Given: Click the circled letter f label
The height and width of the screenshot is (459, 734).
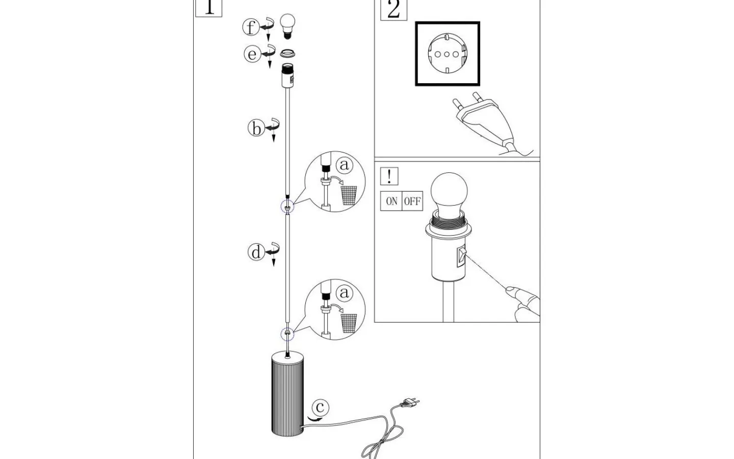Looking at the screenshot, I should (x=250, y=27).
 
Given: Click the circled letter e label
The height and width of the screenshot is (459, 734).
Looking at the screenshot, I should (x=252, y=54).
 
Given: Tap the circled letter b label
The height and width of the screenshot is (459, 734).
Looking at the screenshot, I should (x=256, y=129).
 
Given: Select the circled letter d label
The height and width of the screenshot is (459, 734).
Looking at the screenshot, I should (x=256, y=252).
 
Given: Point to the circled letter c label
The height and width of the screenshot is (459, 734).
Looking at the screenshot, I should (x=320, y=407).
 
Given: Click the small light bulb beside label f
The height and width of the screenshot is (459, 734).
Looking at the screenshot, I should (x=288, y=27).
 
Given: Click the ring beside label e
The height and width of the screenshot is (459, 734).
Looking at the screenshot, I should (x=288, y=54).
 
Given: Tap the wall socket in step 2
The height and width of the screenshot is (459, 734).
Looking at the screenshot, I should (x=448, y=54).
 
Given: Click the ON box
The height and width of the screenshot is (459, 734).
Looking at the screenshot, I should (x=391, y=201).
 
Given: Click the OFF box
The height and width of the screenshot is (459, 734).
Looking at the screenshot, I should (x=412, y=201).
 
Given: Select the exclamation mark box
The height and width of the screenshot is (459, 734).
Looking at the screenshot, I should (x=389, y=176).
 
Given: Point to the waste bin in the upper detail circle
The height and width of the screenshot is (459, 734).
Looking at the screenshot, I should (x=349, y=195).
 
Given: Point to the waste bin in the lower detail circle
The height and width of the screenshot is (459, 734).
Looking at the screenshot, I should (x=349, y=323).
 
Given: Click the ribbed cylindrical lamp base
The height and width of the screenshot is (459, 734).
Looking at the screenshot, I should (x=287, y=394).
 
